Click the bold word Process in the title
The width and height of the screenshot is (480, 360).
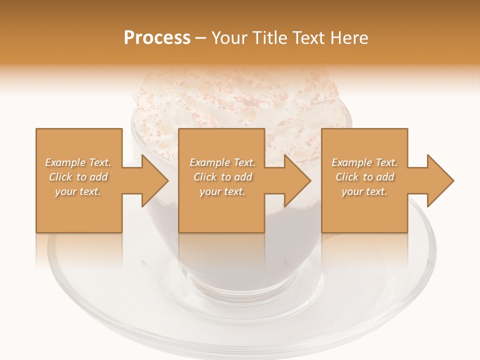tap(157, 38)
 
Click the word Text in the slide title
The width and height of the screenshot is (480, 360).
tap(307, 38)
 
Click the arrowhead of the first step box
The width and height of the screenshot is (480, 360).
tap(155, 180)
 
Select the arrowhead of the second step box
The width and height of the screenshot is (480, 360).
tap(298, 180)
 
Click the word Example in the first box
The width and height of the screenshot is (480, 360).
tap(65, 162)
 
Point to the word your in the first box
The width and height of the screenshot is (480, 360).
tap(65, 191)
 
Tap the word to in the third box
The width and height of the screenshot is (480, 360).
tap(368, 177)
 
